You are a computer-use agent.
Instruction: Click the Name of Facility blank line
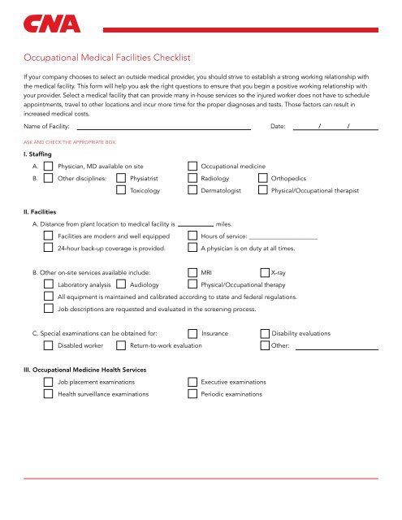point(163,127)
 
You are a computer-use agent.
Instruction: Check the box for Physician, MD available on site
point(49,165)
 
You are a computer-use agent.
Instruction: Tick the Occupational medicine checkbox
point(192,165)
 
